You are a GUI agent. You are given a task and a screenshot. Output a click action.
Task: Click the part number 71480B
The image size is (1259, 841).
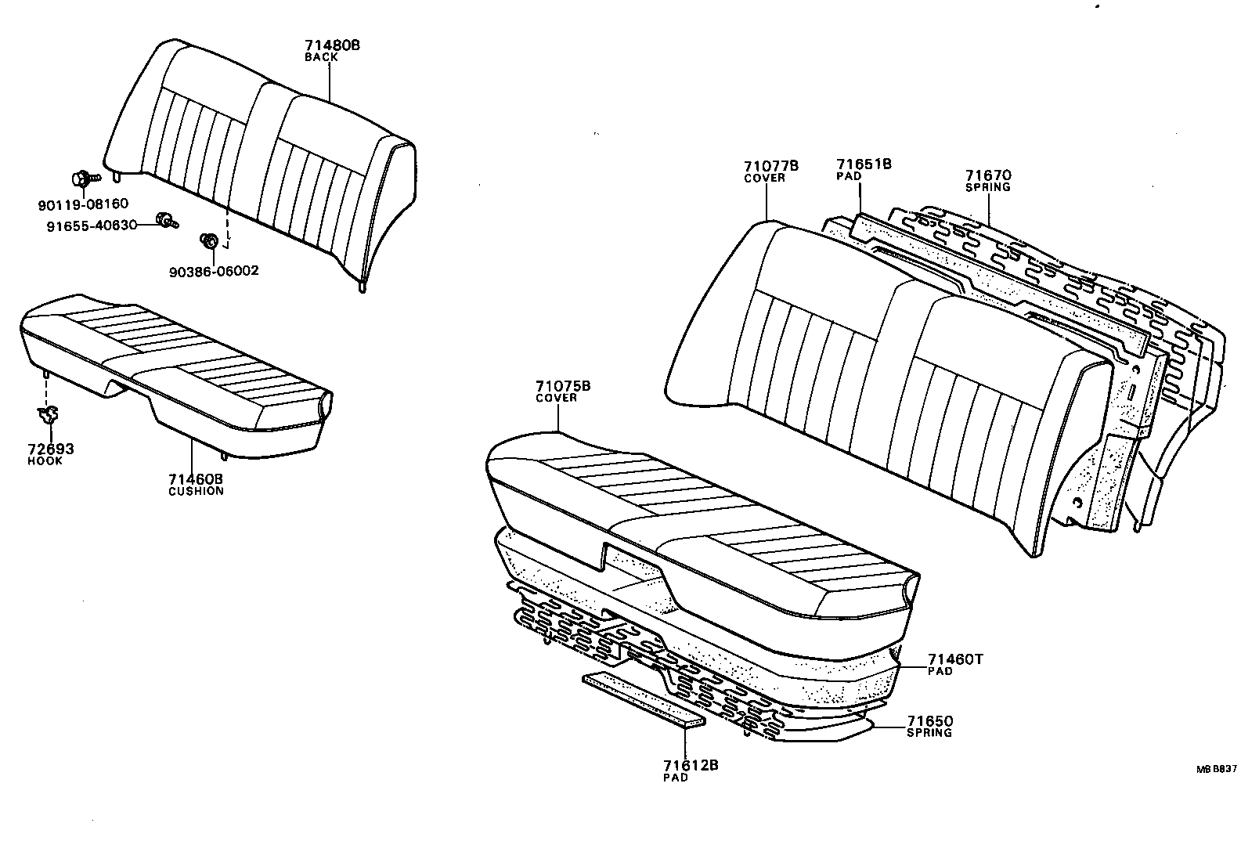[x=332, y=45]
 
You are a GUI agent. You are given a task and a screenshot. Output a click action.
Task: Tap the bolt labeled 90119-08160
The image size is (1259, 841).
[x=81, y=179]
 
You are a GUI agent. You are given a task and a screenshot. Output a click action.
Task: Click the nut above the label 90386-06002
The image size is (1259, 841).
[x=209, y=241]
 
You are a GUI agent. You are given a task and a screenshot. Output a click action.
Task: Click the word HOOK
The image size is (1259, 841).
[x=45, y=460]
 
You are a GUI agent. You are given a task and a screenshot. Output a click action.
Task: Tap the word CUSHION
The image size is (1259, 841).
[x=196, y=491]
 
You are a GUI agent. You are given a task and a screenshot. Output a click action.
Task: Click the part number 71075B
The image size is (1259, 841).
[x=562, y=386]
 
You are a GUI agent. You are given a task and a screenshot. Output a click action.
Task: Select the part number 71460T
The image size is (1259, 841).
[x=954, y=659]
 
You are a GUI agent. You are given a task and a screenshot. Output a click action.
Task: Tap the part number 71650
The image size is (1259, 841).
[x=930, y=720]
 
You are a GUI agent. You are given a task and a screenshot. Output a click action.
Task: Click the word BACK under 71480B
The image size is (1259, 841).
[x=321, y=57]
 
